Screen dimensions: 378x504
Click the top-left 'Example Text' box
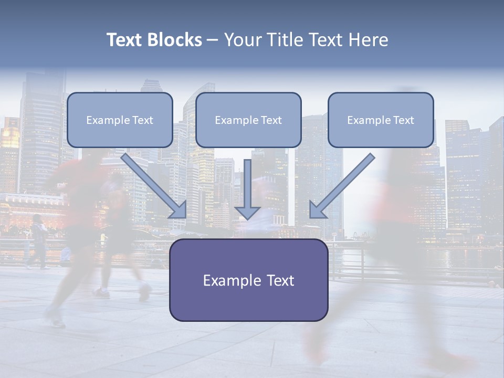120,120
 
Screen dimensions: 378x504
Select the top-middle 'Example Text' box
248,120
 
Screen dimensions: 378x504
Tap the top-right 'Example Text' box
381,120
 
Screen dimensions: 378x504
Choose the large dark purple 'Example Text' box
248,280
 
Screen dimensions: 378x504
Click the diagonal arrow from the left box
152,184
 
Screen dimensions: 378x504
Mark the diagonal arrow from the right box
344,184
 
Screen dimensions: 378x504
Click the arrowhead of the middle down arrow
247,212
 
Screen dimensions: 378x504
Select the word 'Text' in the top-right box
403,120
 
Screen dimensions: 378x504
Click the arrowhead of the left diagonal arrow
178,209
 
